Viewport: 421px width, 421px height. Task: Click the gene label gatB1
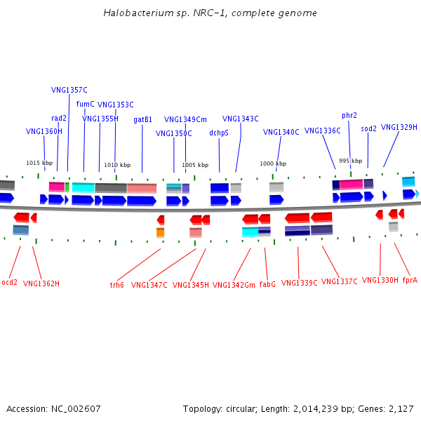point(142,119)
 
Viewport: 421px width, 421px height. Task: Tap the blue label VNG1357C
point(69,90)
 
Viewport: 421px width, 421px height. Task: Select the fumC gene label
point(85,104)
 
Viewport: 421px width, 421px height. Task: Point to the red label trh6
point(116,285)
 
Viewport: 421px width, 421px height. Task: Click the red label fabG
point(267,284)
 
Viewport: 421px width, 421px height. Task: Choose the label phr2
point(349,116)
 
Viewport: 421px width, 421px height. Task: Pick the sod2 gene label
point(368,128)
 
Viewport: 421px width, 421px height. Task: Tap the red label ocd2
point(9,282)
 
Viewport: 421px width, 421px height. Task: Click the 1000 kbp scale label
point(273,163)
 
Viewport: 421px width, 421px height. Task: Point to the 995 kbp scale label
point(350,161)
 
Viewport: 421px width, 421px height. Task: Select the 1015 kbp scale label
point(39,163)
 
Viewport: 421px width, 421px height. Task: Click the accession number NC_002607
point(76,409)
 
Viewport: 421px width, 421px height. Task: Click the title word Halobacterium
point(138,13)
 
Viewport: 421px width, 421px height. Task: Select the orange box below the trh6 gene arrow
point(160,232)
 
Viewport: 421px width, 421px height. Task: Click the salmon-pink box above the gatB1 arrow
point(142,188)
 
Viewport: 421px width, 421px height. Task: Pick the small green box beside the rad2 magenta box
point(67,187)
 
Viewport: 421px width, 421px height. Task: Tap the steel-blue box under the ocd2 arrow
point(20,230)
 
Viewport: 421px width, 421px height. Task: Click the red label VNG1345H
point(191,285)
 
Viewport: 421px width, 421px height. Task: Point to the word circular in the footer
point(240,409)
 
